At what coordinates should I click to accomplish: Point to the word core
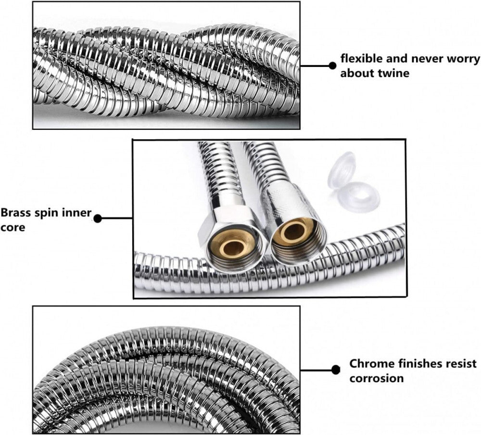13,227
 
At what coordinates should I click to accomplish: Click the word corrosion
376,378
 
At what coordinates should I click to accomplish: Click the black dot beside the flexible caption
332,65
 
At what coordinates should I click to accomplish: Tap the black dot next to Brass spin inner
98,218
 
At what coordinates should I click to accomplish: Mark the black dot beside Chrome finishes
336,370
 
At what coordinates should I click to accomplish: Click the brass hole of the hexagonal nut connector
234,247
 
